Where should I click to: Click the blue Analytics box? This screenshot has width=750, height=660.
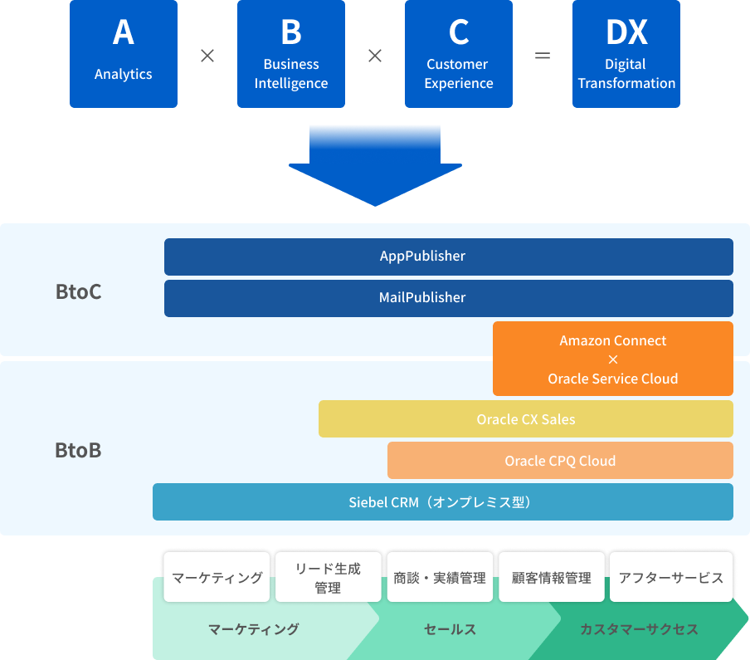click(124, 54)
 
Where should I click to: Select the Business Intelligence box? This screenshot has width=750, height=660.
click(291, 54)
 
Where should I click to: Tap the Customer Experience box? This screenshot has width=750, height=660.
click(459, 54)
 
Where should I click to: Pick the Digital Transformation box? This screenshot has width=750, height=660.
click(626, 54)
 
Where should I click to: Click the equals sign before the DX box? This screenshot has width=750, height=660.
click(543, 56)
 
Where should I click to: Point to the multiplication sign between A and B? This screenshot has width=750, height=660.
click(207, 56)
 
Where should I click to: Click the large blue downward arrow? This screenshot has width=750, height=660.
click(375, 165)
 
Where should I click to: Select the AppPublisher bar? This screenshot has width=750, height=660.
click(449, 257)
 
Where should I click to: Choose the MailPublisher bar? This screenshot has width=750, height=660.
click(449, 298)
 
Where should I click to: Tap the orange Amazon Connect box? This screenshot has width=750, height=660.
click(613, 359)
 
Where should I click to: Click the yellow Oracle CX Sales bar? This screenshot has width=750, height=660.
click(526, 418)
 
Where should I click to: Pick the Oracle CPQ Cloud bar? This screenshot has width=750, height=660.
click(560, 461)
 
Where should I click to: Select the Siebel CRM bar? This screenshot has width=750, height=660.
click(443, 501)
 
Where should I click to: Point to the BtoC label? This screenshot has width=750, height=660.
click(79, 291)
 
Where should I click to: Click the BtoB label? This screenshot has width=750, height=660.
click(79, 450)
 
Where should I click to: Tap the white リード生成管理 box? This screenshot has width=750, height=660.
click(329, 577)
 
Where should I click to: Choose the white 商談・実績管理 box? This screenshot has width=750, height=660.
click(440, 577)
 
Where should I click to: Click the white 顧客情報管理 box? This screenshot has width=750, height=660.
click(552, 577)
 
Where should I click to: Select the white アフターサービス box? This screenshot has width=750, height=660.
click(671, 577)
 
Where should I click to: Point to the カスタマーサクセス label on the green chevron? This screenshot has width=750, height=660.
click(639, 629)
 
